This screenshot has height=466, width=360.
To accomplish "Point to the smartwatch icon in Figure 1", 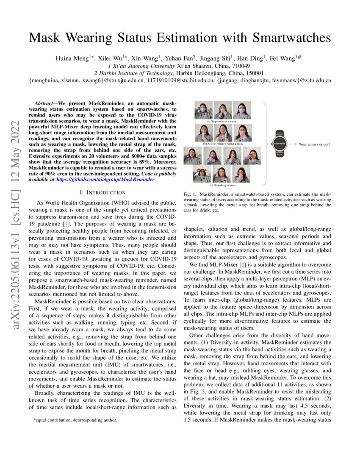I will (x=279, y=144).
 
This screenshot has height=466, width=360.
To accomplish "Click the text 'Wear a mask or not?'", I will (x=314, y=144).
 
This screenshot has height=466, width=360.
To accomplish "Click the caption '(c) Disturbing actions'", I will (x=223, y=185).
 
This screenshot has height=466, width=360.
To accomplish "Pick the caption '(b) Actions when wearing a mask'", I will (x=223, y=144).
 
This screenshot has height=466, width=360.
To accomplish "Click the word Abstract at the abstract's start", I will (x=45, y=103).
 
